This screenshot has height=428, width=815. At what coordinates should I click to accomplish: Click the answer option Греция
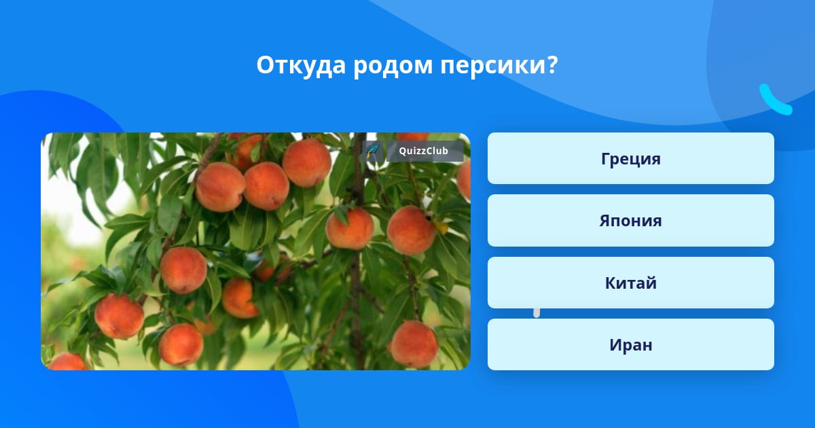630,158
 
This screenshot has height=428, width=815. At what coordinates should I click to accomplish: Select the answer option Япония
630,221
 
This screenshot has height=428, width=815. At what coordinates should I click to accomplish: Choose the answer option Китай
630,283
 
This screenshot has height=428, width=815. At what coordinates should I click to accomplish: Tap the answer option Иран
630,344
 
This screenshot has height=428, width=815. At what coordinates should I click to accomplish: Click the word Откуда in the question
301,65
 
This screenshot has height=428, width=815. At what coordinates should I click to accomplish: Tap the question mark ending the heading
551,65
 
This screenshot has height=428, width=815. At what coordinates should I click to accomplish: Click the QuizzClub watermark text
424,151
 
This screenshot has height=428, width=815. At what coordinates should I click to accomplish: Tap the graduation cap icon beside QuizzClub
373,151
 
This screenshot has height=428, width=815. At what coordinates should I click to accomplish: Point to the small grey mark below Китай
537,313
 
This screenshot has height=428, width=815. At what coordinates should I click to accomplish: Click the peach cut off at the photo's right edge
465,181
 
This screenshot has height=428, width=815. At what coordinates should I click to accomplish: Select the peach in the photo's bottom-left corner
67,361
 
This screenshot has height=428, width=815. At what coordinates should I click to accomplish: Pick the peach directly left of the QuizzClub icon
307,162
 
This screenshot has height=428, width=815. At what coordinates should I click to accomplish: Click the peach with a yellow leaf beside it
411,230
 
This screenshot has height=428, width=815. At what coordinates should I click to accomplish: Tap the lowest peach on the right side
414,344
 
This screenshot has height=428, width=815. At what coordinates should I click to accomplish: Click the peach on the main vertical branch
350,228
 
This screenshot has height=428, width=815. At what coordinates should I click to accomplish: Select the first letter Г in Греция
606,159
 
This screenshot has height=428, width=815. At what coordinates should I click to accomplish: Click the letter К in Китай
611,283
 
